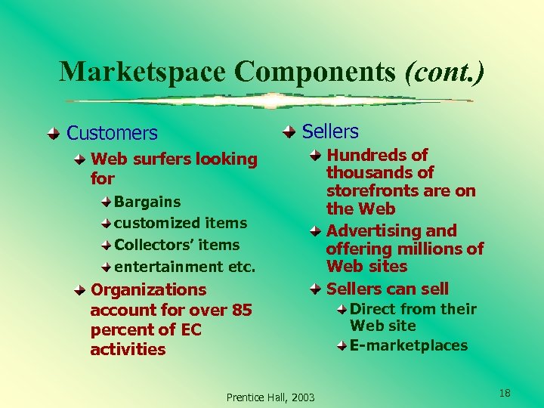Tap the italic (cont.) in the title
point(444,72)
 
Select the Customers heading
point(112,134)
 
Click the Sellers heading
point(329,131)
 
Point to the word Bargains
point(147,202)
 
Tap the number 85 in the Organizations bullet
point(242,310)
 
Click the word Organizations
point(148,289)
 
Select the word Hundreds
point(366,155)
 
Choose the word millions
point(431,249)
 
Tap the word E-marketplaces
point(409,345)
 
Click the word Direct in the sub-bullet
point(374,308)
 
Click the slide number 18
point(505,393)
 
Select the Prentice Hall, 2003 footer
point(271,397)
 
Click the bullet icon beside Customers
point(52,134)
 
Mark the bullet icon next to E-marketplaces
point(342,345)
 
